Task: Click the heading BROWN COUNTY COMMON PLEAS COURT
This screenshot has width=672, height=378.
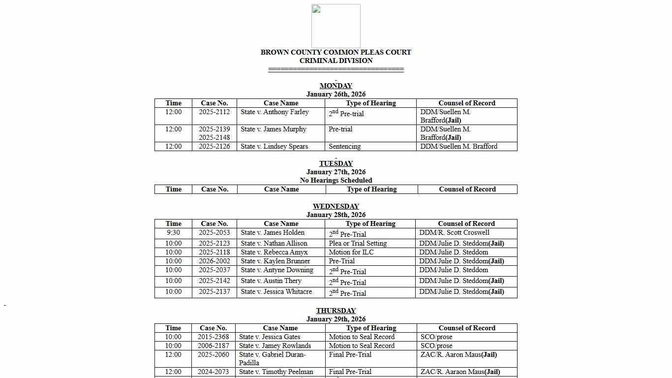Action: click(336, 52)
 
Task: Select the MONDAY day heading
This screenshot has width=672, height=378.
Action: click(336, 86)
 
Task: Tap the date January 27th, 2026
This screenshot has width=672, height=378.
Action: click(336, 172)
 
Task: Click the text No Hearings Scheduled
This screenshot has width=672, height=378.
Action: click(336, 180)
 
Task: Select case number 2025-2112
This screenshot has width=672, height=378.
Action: click(214, 112)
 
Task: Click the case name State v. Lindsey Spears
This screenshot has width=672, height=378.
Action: click(274, 146)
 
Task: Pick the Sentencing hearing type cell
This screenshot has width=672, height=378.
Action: click(344, 146)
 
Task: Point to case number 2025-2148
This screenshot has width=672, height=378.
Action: click(214, 137)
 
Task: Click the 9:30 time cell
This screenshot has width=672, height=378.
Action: click(173, 232)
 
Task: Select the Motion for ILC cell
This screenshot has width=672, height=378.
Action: click(351, 252)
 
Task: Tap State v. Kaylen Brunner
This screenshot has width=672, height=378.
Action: click(275, 261)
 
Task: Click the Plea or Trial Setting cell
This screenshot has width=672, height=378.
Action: click(358, 243)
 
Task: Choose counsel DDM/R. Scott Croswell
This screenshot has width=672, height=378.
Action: click(454, 232)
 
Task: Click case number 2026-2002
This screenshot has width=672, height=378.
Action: click(214, 261)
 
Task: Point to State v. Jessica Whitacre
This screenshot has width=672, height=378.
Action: click(276, 291)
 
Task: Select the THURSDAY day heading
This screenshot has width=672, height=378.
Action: click(336, 311)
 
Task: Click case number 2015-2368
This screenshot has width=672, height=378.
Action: click(213, 337)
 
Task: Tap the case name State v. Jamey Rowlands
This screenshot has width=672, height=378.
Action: click(275, 346)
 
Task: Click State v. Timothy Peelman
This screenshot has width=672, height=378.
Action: click(275, 372)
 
